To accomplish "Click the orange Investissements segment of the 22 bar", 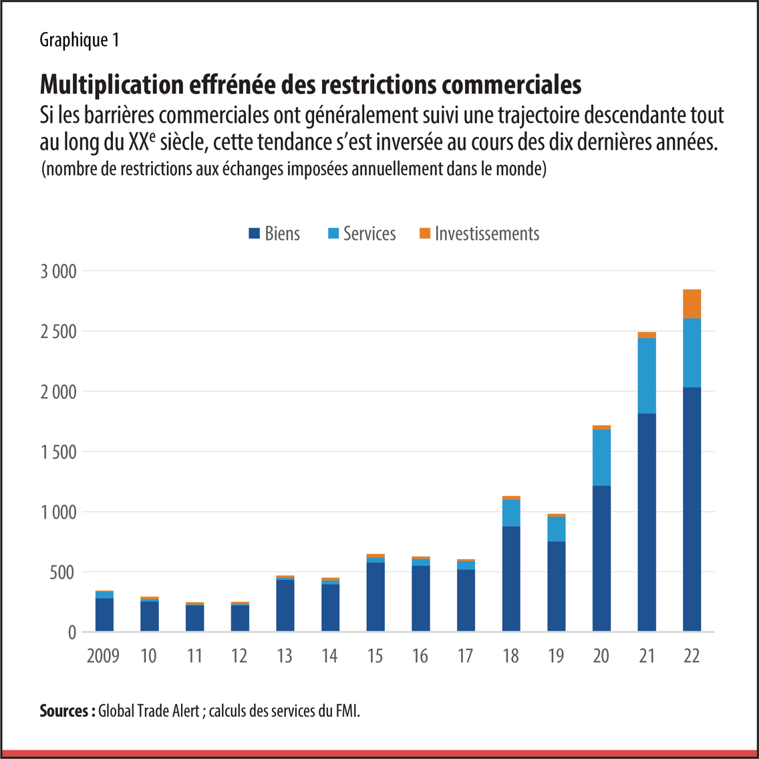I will [692, 304].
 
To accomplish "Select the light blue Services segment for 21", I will [647, 375].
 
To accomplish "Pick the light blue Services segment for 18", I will [511, 513].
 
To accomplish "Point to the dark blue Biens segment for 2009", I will [104, 615].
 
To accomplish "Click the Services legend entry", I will [361, 233].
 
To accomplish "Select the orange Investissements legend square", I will [425, 234].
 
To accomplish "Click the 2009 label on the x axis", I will [103, 655].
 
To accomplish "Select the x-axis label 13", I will [285, 655].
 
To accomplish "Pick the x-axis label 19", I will [556, 655].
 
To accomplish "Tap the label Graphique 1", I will [79, 40].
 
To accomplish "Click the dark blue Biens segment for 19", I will [556, 587].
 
